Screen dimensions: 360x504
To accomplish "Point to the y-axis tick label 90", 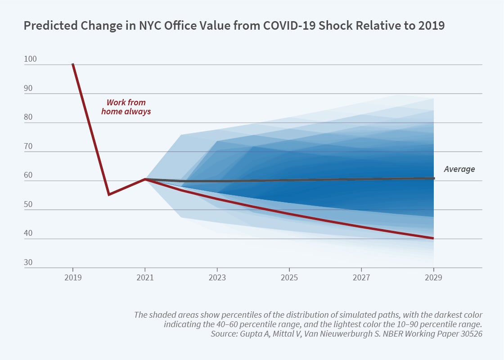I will tap(28, 88).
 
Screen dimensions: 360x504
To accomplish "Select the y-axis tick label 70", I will tap(28, 146).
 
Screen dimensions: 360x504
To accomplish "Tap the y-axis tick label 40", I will tap(28, 234).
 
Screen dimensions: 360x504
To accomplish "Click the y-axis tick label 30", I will tap(28, 262).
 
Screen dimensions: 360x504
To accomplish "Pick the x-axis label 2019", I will tap(73, 278).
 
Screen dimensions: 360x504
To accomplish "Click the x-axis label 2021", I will tap(145, 278).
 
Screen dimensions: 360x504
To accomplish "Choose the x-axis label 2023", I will tap(217, 278).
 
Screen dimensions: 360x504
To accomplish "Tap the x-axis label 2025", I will tap(289, 278).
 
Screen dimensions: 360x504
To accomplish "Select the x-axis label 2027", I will tap(361, 278).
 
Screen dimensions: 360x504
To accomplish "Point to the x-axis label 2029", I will tap(433, 278).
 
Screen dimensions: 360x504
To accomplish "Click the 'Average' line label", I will tap(459, 169).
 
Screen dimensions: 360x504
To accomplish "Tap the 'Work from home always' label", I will tap(126, 107).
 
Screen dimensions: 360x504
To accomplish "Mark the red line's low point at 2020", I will tap(108, 194).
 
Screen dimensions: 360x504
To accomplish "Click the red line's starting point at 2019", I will tap(73, 64).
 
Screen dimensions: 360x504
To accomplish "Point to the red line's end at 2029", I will tap(433, 238).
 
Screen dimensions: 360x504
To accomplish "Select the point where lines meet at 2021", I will tap(145, 179).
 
